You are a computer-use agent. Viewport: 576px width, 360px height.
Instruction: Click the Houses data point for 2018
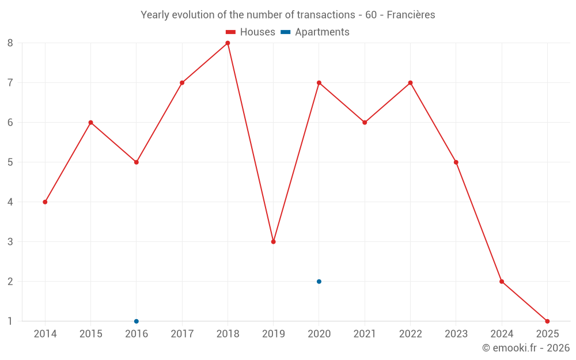(228, 43)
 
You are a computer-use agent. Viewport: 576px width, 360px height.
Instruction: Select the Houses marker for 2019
(273, 242)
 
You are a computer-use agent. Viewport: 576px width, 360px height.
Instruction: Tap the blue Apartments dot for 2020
(319, 282)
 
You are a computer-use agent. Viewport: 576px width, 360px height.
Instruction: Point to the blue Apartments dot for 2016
(137, 321)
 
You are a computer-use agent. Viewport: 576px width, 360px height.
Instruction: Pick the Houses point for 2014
(45, 202)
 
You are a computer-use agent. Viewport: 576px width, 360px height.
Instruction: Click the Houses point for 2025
(547, 321)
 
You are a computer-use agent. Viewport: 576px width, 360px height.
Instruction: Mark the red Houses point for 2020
(319, 83)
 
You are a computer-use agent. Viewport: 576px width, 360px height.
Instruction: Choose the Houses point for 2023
(456, 162)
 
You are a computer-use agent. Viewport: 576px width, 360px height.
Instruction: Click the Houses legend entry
(250, 32)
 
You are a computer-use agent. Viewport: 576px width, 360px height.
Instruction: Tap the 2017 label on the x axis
(182, 334)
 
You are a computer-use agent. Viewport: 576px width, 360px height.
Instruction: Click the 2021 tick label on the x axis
(365, 334)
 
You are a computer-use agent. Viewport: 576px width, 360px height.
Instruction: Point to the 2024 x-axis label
(502, 334)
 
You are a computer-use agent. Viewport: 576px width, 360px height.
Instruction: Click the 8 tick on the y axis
(10, 43)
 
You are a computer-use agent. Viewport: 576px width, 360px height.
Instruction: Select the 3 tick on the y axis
(10, 242)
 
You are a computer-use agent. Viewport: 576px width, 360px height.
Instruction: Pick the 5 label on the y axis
(10, 162)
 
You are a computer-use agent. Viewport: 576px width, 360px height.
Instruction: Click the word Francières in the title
(411, 15)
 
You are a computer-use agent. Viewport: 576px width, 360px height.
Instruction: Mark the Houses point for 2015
(90, 123)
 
